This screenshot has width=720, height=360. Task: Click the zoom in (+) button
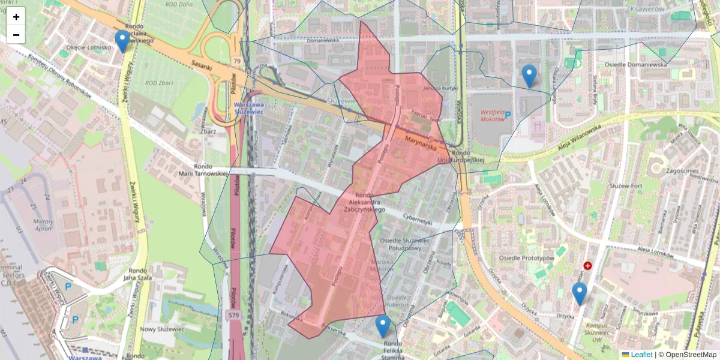pos(16,17)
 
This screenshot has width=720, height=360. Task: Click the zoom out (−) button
pos(16,35)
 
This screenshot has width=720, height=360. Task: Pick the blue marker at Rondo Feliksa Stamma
pos(382,326)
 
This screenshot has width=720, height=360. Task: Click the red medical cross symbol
pos(587,265)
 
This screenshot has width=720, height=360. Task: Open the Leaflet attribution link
pos(641,355)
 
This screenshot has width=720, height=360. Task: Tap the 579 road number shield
pos(233,314)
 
